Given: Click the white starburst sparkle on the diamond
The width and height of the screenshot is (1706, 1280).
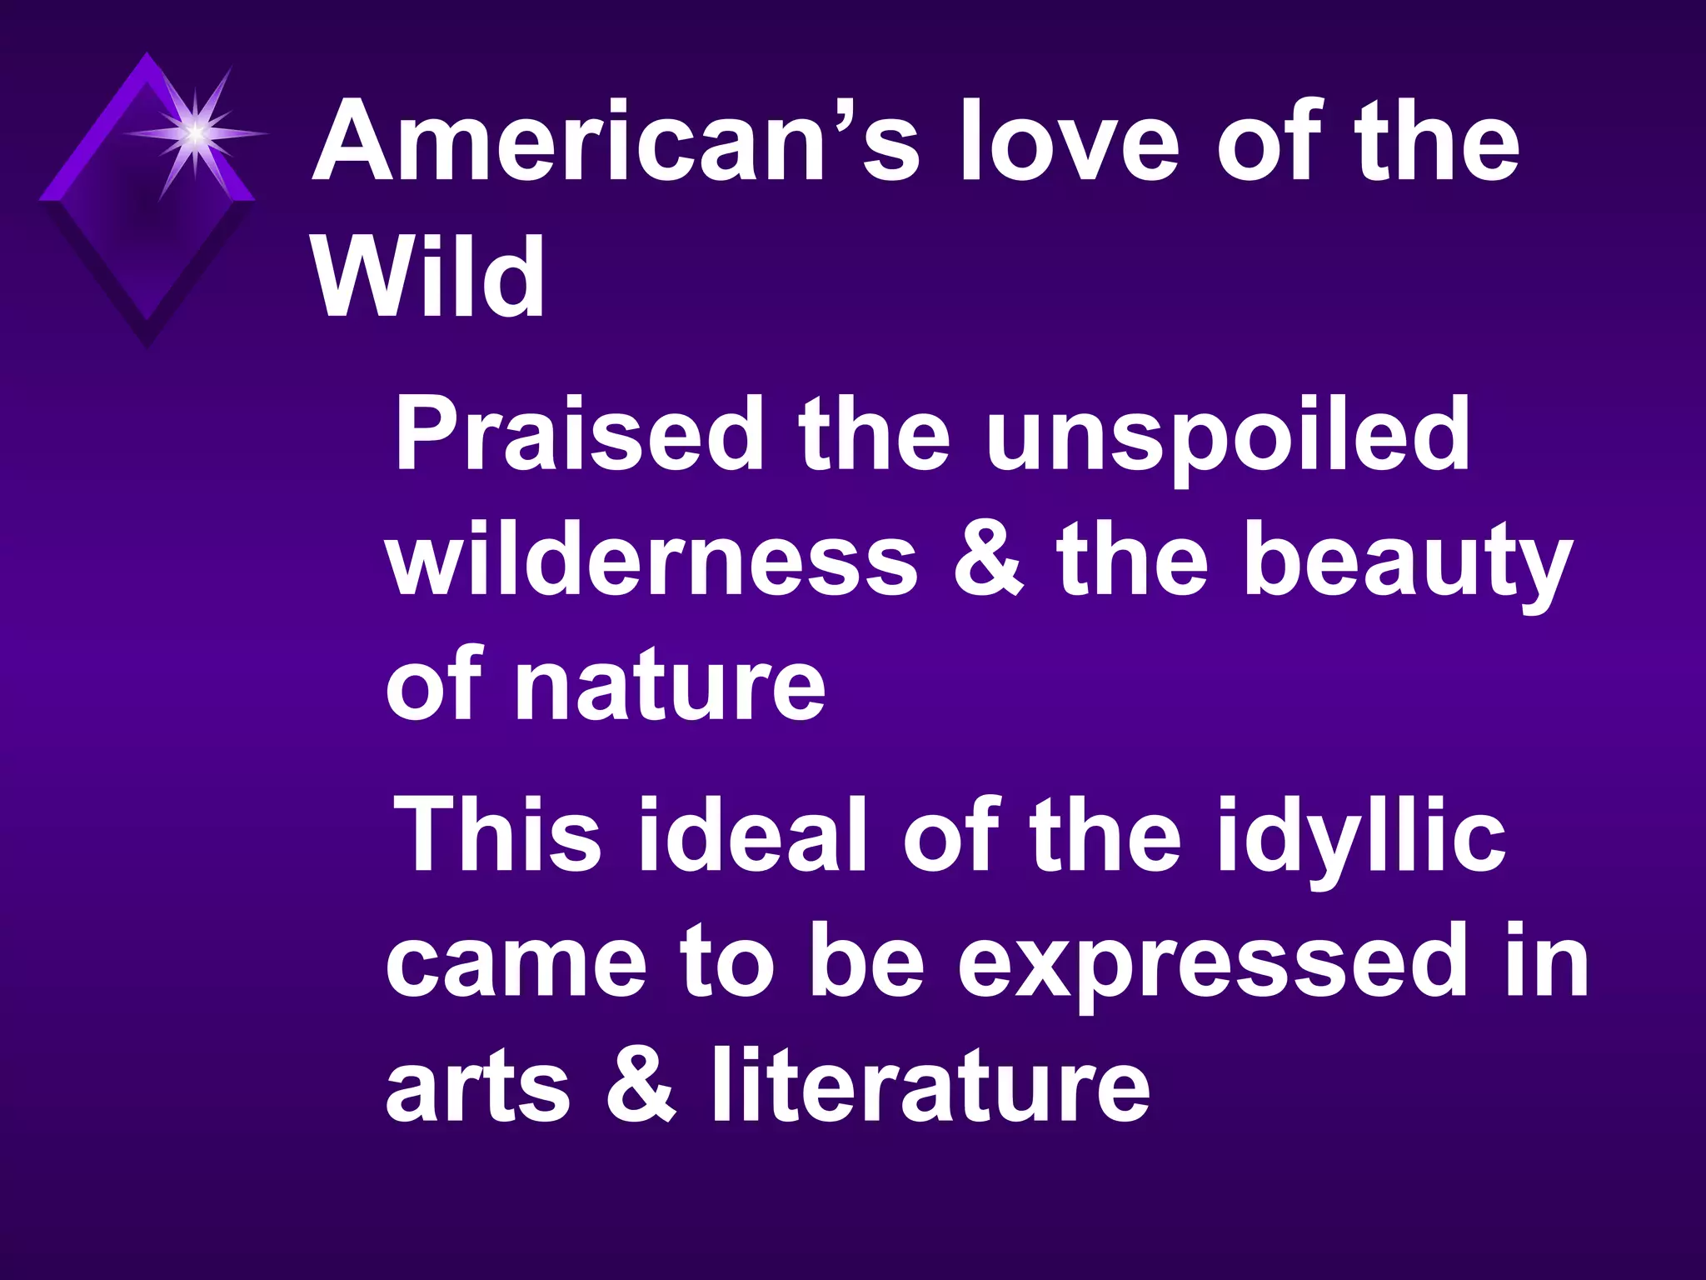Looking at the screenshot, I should pos(195,132).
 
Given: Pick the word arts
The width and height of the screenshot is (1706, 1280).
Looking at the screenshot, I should pos(478,1088).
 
